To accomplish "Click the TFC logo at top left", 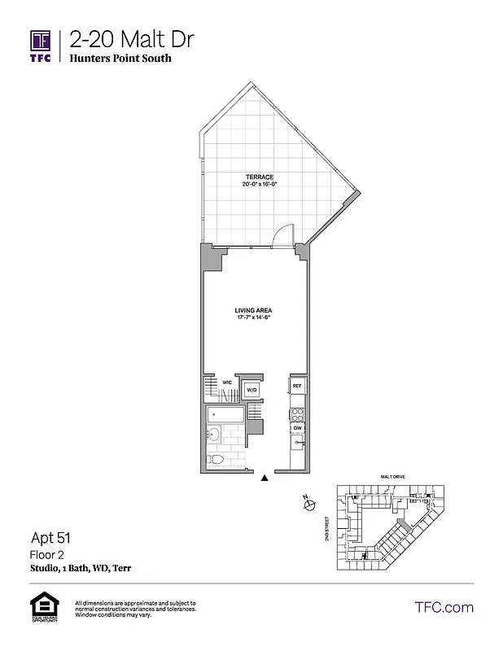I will pos(42,45).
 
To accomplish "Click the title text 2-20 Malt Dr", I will pos(131,38).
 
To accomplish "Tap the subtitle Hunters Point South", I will pos(120,59).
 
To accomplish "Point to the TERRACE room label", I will pos(260,177).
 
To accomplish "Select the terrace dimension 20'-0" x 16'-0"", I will pos(260,186).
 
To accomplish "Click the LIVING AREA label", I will pos(253,311).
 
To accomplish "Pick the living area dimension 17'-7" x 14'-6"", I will pos(253,319).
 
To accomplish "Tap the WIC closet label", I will pos(228,381).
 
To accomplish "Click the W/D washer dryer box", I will pos(251,390).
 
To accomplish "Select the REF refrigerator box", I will pos(297,386).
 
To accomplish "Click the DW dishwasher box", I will pos(298,427).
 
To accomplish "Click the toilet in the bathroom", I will pos(217,460).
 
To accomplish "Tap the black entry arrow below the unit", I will pos(264,479).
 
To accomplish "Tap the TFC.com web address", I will pos(444,607).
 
